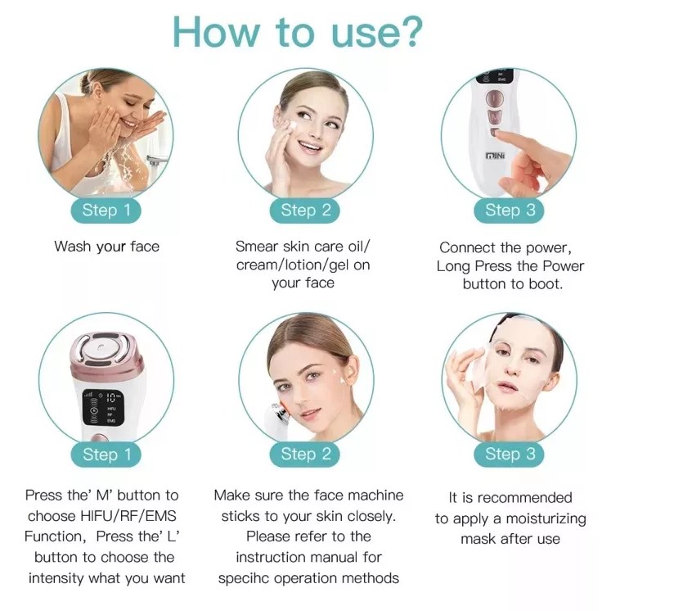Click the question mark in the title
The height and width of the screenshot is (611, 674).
pos(407,31)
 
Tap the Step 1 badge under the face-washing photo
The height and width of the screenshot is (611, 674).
pos(106,210)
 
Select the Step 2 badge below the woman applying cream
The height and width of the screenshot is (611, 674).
pos(306,210)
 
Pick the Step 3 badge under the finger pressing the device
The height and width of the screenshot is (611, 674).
pos(510,210)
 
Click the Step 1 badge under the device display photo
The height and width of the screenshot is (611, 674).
pos(106,454)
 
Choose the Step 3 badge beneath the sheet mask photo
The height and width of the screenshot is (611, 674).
pos(510,454)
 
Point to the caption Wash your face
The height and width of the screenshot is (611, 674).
pos(106,247)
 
